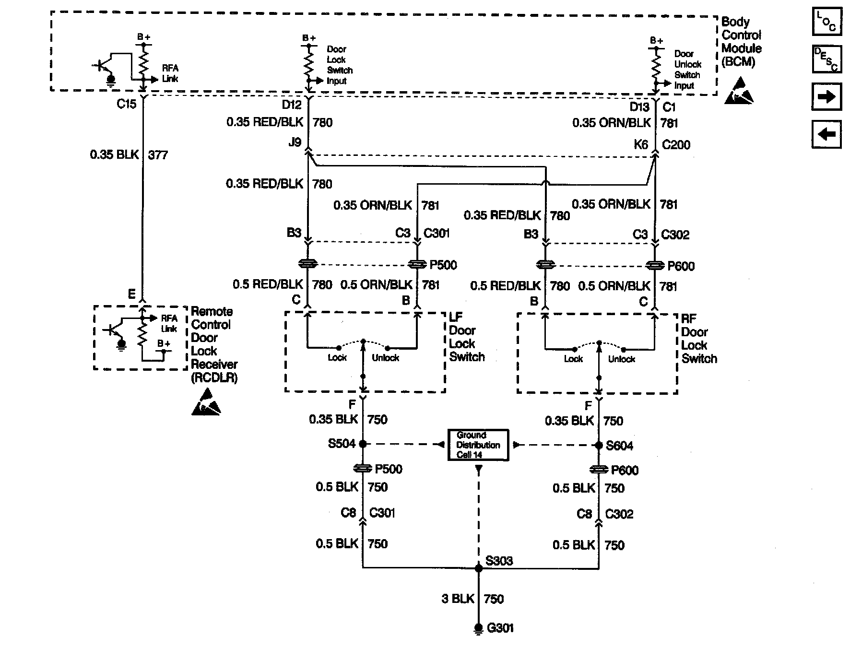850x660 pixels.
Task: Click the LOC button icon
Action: pos(826,22)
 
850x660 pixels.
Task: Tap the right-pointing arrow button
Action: pos(826,97)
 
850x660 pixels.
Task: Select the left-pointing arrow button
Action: pos(826,134)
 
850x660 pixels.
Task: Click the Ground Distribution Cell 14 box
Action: pos(478,445)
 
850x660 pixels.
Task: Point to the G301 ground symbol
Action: pos(478,628)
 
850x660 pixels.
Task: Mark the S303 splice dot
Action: pos(478,568)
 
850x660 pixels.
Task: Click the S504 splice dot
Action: pos(363,444)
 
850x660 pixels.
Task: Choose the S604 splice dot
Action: pos(599,446)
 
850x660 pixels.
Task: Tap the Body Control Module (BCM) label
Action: pos(741,42)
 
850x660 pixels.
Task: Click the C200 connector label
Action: pos(676,145)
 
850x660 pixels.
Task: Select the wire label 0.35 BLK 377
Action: pos(129,155)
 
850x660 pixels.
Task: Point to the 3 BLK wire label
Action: pos(458,599)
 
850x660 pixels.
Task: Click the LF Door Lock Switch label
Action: pos(466,337)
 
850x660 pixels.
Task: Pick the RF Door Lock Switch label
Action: pos(698,339)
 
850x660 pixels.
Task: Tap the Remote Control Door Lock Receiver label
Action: pos(213,344)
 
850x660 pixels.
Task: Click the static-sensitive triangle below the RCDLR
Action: pos(206,403)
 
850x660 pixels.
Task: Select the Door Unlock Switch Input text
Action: pos(687,70)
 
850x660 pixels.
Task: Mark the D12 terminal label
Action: pos(291,105)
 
